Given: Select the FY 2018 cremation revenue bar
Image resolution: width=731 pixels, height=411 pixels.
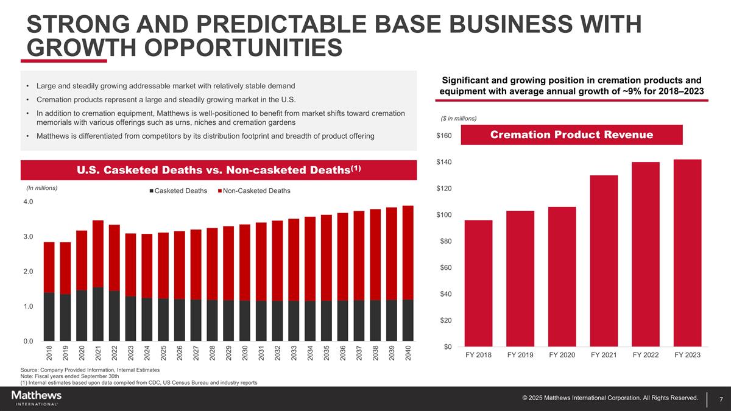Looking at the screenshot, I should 478,283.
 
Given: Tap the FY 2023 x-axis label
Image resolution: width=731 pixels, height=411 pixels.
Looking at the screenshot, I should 688,354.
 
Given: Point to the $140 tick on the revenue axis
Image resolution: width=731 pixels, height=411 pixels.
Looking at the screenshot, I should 443,162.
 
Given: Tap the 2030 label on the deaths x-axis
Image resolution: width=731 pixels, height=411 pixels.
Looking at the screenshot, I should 245,353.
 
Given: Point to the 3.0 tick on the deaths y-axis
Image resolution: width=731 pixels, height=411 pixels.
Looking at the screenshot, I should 27,236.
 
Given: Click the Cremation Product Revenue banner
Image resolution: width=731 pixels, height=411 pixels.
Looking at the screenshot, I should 571,135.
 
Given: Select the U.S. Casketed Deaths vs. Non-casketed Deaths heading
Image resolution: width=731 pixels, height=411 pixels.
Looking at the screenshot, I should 219,170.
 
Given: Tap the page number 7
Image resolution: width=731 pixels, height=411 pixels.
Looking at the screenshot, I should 721,399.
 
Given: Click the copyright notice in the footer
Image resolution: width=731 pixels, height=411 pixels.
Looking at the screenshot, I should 610,398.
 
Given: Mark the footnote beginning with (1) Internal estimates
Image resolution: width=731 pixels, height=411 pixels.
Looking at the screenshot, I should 139,382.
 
